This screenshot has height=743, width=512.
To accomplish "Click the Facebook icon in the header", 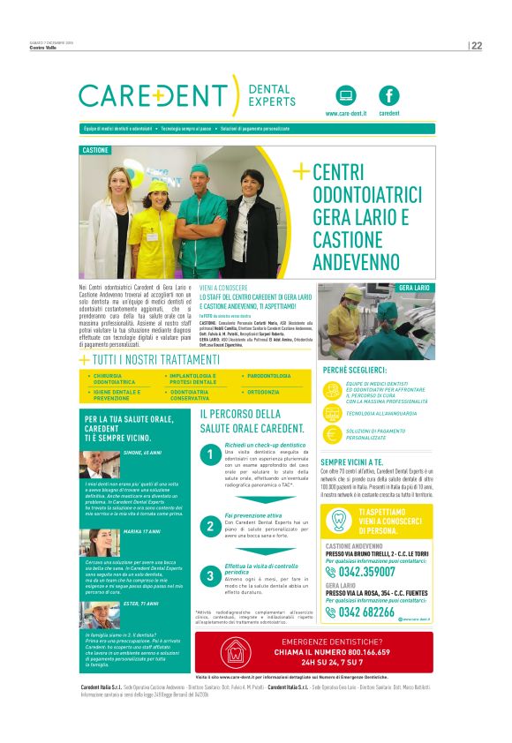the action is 389,95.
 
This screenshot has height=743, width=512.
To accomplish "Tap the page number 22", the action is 477,46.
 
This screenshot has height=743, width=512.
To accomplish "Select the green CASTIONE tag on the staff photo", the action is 95,151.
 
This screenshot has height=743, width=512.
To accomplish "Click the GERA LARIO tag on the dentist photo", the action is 414,288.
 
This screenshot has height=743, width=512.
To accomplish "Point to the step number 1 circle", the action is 209,455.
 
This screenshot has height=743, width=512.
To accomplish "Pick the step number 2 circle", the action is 209,526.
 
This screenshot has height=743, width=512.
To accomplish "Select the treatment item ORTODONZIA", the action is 263,391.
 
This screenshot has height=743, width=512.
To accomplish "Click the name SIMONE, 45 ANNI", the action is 142,453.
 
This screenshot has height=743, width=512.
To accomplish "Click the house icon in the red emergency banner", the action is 235,654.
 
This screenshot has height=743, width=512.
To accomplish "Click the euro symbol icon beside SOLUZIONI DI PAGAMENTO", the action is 332,432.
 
